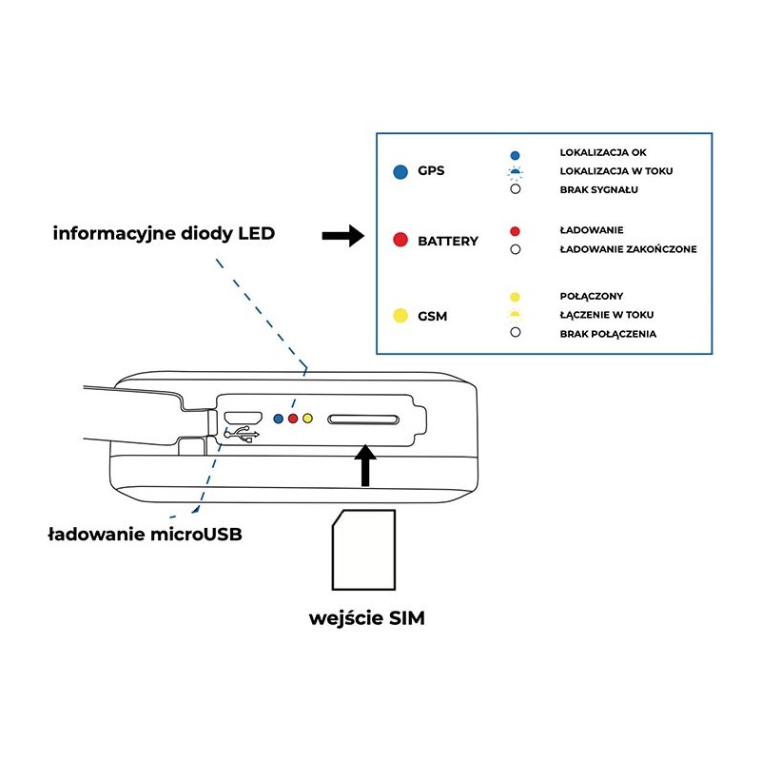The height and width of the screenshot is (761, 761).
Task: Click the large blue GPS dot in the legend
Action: click(400, 171)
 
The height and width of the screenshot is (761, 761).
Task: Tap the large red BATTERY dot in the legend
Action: click(400, 241)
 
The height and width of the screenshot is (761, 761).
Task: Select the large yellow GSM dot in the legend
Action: click(400, 315)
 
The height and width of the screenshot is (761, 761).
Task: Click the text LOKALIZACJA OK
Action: click(597, 153)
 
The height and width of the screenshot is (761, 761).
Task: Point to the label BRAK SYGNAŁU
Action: click(598, 189)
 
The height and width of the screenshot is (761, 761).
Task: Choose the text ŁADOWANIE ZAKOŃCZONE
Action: click(629, 249)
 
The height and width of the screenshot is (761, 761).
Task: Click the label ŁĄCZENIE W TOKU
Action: click(607, 315)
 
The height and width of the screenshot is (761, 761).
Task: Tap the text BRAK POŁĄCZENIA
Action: click(608, 334)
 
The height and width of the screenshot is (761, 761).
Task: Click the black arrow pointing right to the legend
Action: click(343, 237)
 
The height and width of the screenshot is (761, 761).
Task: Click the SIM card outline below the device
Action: click(362, 550)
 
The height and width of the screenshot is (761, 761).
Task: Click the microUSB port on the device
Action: click(243, 418)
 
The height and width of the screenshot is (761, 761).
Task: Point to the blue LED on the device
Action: click(278, 419)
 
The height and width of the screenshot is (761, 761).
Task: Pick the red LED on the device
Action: click(293, 419)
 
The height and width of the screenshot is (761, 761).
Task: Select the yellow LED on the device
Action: click(307, 419)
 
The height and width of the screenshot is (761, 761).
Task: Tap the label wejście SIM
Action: click(367, 618)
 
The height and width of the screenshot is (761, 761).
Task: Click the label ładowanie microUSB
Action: click(145, 534)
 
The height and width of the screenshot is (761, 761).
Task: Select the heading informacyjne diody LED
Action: click(164, 233)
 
